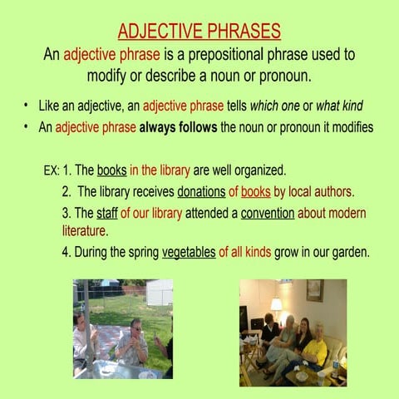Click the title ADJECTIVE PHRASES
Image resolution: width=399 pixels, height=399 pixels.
199,32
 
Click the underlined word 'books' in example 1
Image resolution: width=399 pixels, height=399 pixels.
111,170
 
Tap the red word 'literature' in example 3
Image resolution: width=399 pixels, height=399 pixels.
85,229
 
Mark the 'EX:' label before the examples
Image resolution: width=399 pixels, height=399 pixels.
51,170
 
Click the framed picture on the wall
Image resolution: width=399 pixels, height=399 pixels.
314,290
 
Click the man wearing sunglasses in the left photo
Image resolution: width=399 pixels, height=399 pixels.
132,341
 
